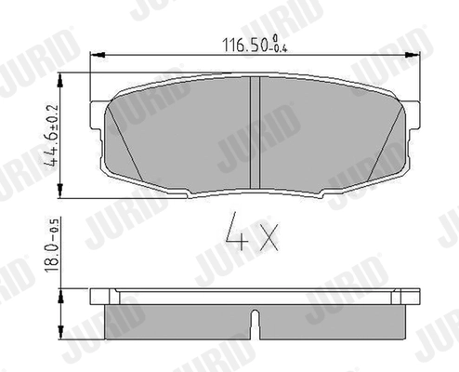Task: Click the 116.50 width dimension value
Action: pyautogui.click(x=237, y=44)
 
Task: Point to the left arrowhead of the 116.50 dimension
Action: pyautogui.click(x=103, y=57)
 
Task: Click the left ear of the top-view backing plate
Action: pyautogui.click(x=96, y=120)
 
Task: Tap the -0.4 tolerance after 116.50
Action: pyautogui.click(x=275, y=46)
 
